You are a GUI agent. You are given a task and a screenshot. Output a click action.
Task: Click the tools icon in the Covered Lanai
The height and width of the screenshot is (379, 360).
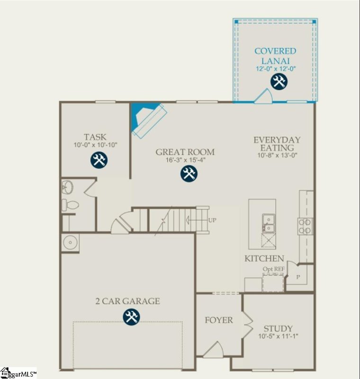[279, 82]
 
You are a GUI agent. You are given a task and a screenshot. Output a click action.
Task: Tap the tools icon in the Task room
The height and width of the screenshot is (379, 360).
[99, 160]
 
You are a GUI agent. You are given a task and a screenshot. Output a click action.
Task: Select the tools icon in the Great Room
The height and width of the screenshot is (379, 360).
[189, 174]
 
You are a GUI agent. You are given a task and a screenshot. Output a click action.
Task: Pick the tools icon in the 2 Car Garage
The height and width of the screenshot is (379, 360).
[131, 316]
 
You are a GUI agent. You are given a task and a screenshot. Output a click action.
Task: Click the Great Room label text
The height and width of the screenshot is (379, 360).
[185, 152]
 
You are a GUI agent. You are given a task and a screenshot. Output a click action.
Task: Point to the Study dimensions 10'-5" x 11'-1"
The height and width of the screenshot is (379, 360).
[278, 337]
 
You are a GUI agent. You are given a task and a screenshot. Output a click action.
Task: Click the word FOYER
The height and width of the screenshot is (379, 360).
[218, 320]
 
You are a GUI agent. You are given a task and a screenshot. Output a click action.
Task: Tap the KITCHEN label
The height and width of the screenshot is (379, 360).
[264, 259]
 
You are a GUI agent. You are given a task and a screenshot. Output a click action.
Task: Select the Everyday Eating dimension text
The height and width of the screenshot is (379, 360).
[278, 155]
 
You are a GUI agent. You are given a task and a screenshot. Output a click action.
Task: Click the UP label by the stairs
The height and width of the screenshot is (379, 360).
[213, 220]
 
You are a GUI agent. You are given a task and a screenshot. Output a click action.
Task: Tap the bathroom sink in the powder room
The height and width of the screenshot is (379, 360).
[67, 187]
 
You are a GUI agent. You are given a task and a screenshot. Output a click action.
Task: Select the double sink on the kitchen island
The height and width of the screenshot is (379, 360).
[268, 224]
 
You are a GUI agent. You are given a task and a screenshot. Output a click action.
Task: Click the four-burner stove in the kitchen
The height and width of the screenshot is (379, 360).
[306, 226]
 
